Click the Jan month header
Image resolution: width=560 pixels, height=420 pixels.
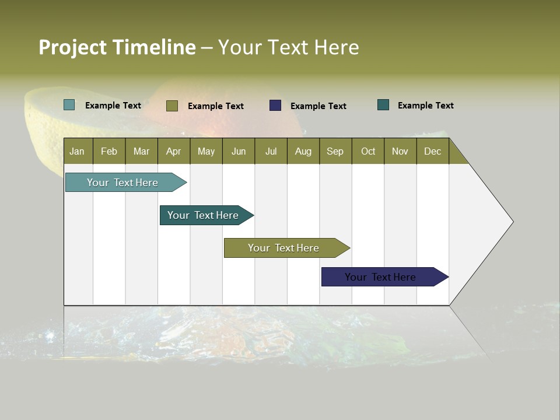pos(77,151)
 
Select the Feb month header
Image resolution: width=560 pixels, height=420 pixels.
pos(109,151)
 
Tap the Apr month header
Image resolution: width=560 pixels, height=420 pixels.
pos(173,151)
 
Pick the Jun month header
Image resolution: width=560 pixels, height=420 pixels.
pos(239,151)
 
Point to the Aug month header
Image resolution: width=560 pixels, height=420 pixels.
pos(303,151)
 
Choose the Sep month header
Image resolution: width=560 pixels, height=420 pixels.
pos(335,151)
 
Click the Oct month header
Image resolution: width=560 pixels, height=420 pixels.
pos(368,151)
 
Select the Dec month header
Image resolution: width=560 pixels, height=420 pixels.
pos(432,151)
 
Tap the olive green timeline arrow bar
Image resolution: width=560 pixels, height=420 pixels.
pos(284,248)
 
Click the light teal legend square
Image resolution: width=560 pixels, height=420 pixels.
pos(69,105)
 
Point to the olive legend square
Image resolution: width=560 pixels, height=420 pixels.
pos(171,106)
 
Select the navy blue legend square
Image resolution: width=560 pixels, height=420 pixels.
pos(275,106)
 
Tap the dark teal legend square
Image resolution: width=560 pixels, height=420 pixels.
pos(383,105)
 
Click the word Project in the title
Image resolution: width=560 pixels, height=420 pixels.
pos(73,47)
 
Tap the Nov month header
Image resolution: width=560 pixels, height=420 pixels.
pos(400,151)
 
